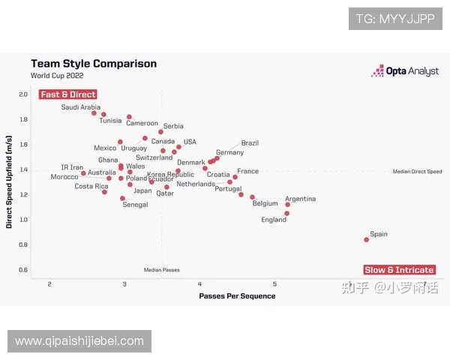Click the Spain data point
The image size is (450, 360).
pos(366,240)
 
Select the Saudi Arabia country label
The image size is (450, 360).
pos(80,107)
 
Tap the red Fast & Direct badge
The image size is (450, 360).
pos(67,94)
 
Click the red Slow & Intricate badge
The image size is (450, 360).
pos(399,270)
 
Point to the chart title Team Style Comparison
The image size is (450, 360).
pos(93,64)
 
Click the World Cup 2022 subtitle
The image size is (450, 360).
pos(57,76)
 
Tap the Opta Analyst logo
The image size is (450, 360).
pos(405,71)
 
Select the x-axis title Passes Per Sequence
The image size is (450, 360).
pos(237,295)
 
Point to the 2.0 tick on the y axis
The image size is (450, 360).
pos(22,94)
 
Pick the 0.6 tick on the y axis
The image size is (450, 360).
pos(22,270)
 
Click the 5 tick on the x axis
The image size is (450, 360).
pos(274,283)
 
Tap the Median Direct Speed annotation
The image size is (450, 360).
pos(417,172)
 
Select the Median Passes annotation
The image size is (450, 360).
pos(162,270)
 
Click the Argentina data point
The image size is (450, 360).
pos(287,204)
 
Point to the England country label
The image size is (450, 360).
pos(274,220)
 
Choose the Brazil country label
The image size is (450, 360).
pos(250,142)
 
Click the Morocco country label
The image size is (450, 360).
pos(64,177)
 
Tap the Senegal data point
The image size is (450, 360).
pos(122,199)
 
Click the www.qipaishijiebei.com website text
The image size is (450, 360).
pos(79,341)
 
